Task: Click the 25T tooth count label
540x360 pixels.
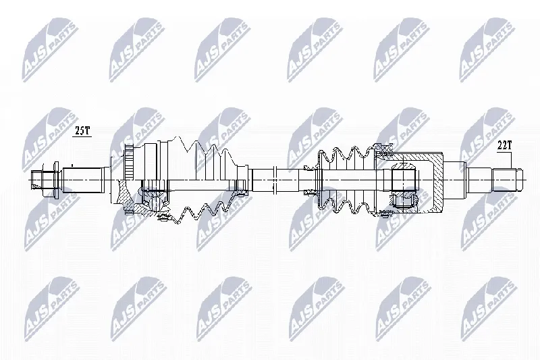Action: coord(82,131)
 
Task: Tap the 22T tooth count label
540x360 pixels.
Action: coord(504,146)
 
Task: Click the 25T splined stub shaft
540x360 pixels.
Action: coord(83,180)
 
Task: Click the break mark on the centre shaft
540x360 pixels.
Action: coord(275,180)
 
